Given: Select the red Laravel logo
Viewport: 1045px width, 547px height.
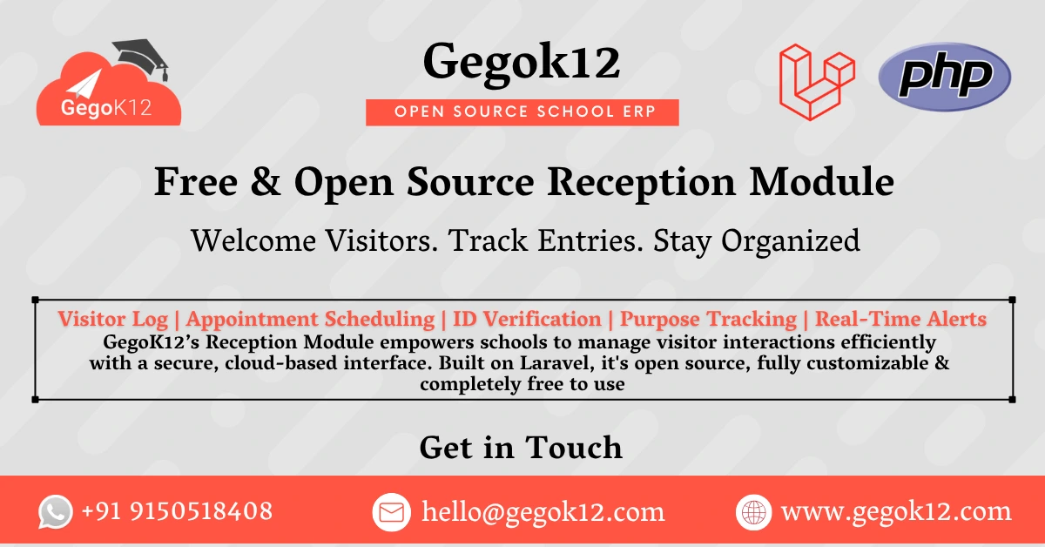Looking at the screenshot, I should click(816, 81).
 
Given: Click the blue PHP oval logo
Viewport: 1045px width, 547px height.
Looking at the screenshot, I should click(945, 77).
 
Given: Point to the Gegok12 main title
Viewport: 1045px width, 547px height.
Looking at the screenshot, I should click(522, 63).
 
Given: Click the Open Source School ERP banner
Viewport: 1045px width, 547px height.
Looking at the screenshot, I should click(522, 112).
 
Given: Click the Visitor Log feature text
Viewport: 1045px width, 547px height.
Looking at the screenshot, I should click(117, 319).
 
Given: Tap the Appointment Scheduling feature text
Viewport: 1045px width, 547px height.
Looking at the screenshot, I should click(310, 319).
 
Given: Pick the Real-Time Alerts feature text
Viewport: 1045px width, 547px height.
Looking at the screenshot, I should click(900, 319).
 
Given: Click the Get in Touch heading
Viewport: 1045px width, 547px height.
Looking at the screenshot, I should click(521, 448).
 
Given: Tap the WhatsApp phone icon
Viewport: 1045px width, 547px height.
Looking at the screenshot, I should click(56, 511).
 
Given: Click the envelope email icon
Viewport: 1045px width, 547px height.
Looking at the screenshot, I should click(391, 511).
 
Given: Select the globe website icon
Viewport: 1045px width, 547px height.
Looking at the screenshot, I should click(753, 511).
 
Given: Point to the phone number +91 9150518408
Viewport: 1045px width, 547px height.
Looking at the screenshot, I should click(177, 511).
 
